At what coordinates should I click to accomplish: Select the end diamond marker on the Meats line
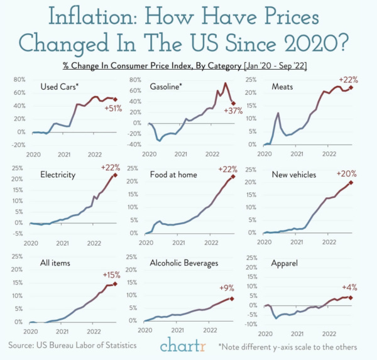coord(351,88)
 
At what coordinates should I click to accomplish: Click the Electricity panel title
coord(57,174)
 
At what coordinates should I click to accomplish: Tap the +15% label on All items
coord(112,275)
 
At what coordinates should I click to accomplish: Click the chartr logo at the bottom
coord(182,344)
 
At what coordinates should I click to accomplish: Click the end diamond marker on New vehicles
coord(351,183)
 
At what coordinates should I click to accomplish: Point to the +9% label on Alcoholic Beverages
coord(226,288)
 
